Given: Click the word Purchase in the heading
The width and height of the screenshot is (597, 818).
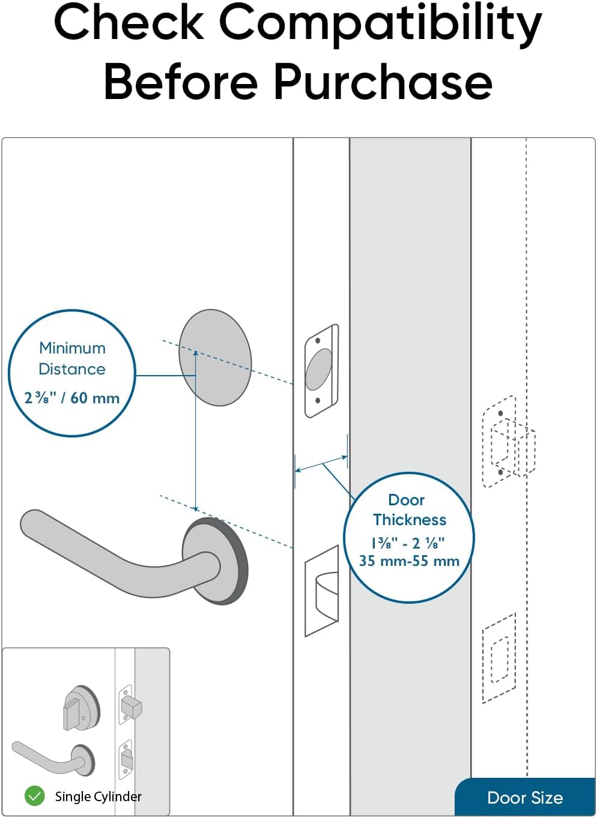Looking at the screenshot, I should click(x=383, y=82).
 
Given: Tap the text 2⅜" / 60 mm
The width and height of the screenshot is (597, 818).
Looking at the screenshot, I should click(x=71, y=398).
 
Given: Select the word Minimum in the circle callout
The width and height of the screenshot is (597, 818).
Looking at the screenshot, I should click(x=72, y=348).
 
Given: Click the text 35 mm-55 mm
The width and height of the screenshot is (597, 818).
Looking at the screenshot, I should click(x=409, y=561).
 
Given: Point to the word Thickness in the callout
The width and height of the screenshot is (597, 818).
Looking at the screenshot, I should click(x=410, y=520).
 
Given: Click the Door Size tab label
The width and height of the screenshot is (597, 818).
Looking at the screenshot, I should click(x=525, y=798).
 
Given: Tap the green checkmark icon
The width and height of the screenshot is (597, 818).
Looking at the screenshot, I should click(x=35, y=796).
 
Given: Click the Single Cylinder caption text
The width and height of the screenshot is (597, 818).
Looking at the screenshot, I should click(x=98, y=796).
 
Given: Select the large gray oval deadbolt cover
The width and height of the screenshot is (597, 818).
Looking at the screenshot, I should click(x=215, y=358).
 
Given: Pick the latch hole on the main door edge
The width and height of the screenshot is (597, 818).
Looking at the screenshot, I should click(x=323, y=591).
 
